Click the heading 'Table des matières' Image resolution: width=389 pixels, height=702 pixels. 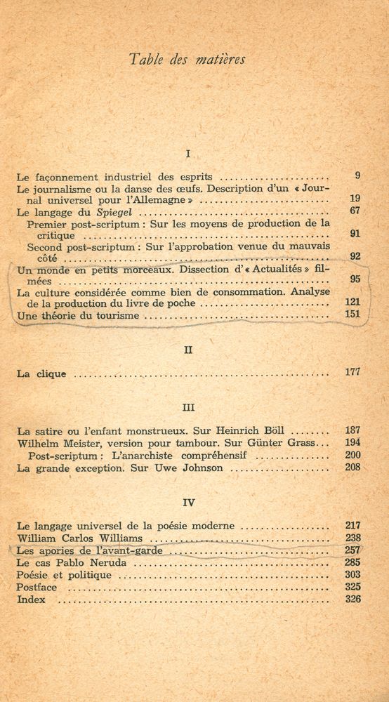(187, 60)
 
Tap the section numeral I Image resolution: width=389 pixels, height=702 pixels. (187, 153)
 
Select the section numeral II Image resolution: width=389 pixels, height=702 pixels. (187, 350)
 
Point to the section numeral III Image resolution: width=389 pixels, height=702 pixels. (187, 407)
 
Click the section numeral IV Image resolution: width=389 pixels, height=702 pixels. (187, 503)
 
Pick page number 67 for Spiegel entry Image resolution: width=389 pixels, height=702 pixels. (355, 211)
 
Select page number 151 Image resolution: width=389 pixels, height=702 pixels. (352, 314)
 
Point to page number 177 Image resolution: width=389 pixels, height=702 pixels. (352, 372)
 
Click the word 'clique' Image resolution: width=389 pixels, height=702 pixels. (51, 374)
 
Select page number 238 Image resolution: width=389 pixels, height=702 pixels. (352, 538)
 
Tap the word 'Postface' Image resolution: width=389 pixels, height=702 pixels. (37, 587)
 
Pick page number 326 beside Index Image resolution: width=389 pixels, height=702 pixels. (352, 599)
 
